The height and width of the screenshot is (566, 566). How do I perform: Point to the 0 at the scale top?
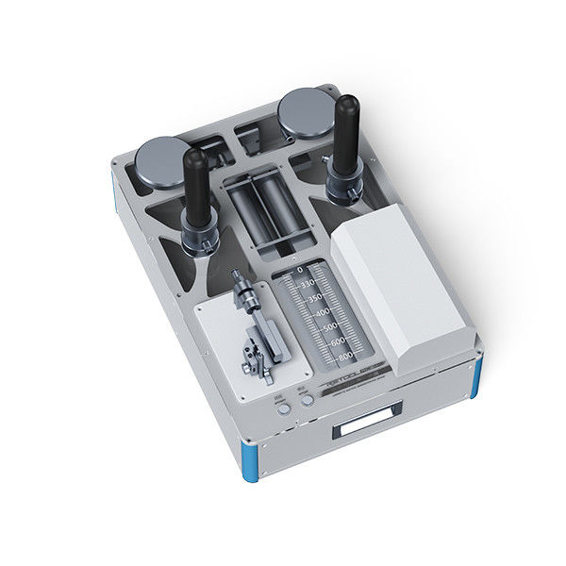(300, 270)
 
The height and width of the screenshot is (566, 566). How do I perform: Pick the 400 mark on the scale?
(321, 312)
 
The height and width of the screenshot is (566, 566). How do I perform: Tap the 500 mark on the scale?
(329, 327)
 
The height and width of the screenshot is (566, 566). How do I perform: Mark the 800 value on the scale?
(344, 355)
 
